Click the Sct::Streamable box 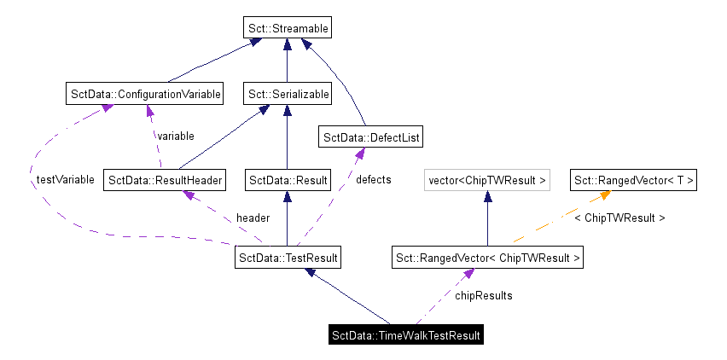click(x=286, y=28)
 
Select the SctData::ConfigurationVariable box click(x=144, y=93)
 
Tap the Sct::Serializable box click(x=287, y=94)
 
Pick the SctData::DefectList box click(x=370, y=136)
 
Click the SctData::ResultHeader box click(x=165, y=180)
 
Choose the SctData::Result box click(x=288, y=180)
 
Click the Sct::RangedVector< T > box click(x=634, y=180)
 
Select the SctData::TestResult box click(x=288, y=257)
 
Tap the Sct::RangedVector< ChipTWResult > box click(x=487, y=257)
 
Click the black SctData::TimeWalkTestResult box click(x=406, y=335)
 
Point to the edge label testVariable click(x=65, y=181)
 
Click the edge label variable click(x=174, y=136)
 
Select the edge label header click(x=253, y=218)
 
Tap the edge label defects click(x=373, y=180)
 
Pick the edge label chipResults click(x=483, y=296)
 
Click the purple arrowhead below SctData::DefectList click(x=359, y=152)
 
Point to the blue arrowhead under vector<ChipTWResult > click(x=487, y=196)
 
